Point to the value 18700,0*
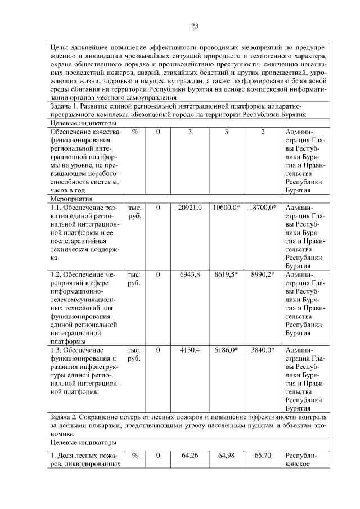pos(263,208)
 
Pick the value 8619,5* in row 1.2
pos(227,274)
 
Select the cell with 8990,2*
pos(263,274)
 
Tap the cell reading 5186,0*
pos(227,349)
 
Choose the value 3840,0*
pos(263,349)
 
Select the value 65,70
pos(263,455)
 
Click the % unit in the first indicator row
pos(134,132)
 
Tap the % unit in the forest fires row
pos(134,455)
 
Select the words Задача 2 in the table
pos(66,417)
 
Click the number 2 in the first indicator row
pos(263,132)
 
